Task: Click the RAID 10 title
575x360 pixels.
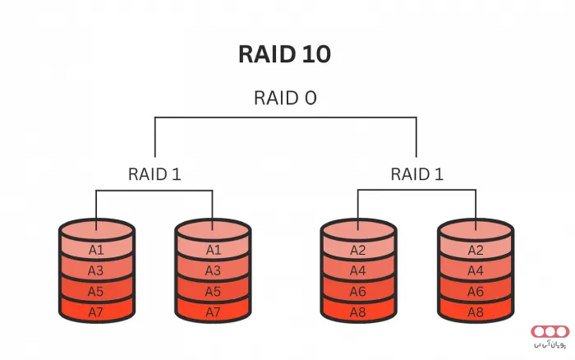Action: coord(284,54)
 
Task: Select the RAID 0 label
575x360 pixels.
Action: coord(284,99)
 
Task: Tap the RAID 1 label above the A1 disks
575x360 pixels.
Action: coord(154,174)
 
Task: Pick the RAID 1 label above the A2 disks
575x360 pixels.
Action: coord(416,174)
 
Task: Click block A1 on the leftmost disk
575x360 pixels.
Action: coord(97,250)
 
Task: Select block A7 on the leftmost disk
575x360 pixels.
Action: coord(97,312)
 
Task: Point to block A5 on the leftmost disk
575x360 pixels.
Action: coord(97,291)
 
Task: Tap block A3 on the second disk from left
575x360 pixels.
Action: coord(213,270)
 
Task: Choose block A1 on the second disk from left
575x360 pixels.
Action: coord(213,250)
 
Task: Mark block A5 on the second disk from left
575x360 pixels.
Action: coord(213,291)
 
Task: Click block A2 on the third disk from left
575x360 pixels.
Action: coord(357,250)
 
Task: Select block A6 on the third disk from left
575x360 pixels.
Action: coord(357,291)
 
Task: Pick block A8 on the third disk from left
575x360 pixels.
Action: coord(357,312)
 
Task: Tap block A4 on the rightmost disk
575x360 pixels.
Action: coord(475,270)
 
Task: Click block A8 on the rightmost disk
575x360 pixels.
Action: coord(475,312)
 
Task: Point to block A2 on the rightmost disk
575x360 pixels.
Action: coord(475,250)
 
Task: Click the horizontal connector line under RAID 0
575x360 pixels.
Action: coord(285,118)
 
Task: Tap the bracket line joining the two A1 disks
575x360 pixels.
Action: coord(154,192)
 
